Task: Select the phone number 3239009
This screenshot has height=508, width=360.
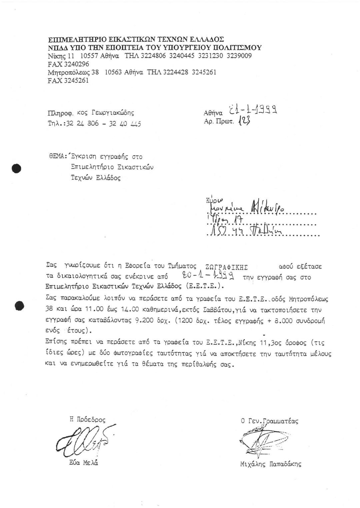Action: tap(239, 56)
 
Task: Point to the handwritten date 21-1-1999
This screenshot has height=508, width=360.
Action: tap(253, 110)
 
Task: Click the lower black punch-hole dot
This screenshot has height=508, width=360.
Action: tap(20, 304)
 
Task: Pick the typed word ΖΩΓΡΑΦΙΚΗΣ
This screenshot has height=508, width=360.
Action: tap(227, 267)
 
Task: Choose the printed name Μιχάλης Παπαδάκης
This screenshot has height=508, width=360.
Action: tap(270, 464)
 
